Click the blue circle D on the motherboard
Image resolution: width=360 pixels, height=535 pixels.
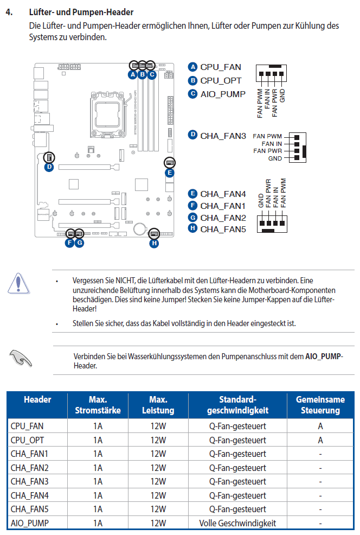pos(49,167)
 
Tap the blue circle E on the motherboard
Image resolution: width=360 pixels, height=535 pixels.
pos(170,173)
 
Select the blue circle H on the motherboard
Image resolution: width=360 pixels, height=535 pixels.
pos(154,243)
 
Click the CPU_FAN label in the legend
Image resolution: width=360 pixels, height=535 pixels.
pos(221,67)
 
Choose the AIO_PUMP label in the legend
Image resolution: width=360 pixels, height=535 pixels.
pos(223,93)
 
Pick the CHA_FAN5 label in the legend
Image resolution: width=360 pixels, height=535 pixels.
pos(223,229)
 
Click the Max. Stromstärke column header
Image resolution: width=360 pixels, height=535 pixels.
pos(98,405)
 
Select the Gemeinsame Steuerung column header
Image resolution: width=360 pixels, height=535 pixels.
pos(320,405)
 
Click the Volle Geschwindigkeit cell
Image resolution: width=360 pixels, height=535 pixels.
pos(237,523)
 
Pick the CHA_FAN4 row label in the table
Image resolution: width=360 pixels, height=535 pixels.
pos(30,495)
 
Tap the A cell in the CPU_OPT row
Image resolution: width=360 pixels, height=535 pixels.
pos(320,440)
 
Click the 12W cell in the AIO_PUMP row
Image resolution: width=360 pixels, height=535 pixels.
pos(158,523)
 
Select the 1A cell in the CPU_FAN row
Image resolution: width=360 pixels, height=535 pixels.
pos(98,426)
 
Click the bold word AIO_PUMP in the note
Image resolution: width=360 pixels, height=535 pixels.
pos(323,356)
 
